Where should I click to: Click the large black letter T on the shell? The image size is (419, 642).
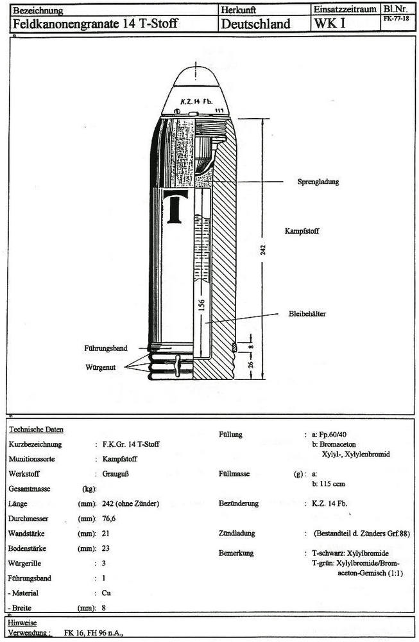175,207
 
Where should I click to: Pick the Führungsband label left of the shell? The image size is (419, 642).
105,348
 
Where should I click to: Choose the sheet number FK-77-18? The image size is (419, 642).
395,19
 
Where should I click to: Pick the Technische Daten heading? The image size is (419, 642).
36,429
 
